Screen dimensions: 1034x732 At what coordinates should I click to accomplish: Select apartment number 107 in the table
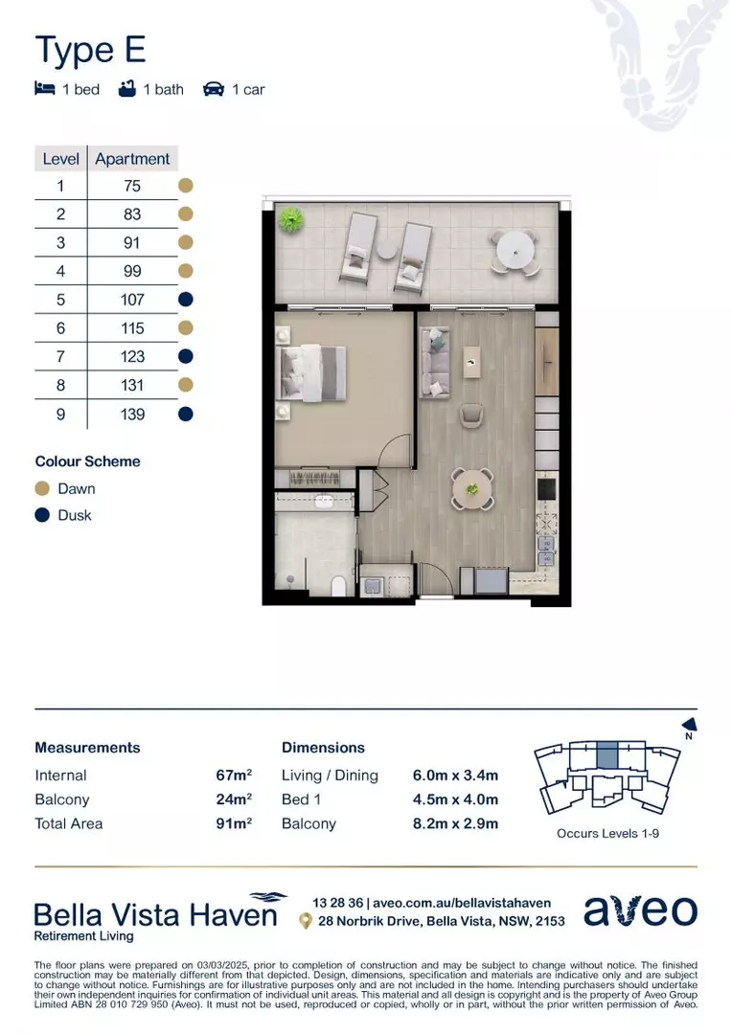click(x=133, y=300)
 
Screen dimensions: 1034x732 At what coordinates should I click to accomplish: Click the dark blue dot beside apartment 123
click(x=187, y=356)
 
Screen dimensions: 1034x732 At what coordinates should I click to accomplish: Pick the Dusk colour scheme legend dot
click(x=42, y=515)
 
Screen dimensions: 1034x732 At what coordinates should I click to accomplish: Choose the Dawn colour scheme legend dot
click(x=42, y=488)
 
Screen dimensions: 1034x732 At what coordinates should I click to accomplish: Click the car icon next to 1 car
click(x=213, y=89)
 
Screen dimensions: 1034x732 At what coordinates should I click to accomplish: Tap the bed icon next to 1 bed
click(x=44, y=89)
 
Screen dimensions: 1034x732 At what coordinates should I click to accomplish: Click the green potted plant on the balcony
click(x=288, y=220)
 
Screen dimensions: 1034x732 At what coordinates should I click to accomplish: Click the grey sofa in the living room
click(x=435, y=364)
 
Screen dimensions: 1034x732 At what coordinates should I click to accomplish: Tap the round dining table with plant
click(x=472, y=488)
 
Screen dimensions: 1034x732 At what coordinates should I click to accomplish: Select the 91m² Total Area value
click(x=234, y=823)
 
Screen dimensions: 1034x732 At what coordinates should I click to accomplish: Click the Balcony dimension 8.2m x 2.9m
click(x=455, y=823)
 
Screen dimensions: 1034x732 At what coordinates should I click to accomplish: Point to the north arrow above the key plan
click(x=687, y=726)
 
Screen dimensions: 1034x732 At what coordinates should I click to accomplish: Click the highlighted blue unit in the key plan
click(x=607, y=755)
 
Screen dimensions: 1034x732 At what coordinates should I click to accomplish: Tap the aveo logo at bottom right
click(x=640, y=910)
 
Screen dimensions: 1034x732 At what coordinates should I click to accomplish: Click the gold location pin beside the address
click(x=305, y=921)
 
